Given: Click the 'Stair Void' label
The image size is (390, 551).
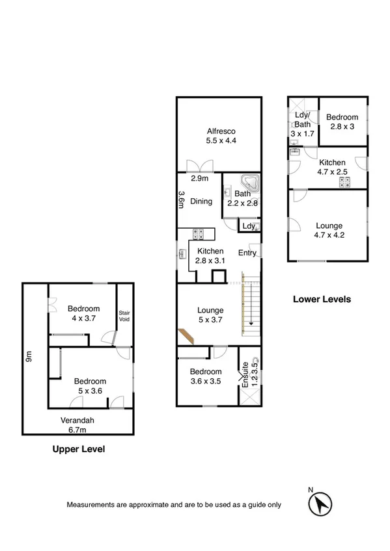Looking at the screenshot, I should pyautogui.click(x=124, y=316).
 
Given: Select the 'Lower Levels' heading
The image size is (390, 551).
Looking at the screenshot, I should pyautogui.click(x=322, y=300).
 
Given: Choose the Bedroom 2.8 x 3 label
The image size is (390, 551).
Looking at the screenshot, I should pyautogui.click(x=342, y=122).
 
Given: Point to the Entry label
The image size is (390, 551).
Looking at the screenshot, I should pyautogui.click(x=247, y=253).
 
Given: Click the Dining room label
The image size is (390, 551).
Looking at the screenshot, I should pyautogui.click(x=201, y=201).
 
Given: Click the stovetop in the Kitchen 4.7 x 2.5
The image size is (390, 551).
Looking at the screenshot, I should pyautogui.click(x=344, y=183).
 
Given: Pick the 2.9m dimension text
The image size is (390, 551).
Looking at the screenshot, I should pyautogui.click(x=199, y=179).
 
